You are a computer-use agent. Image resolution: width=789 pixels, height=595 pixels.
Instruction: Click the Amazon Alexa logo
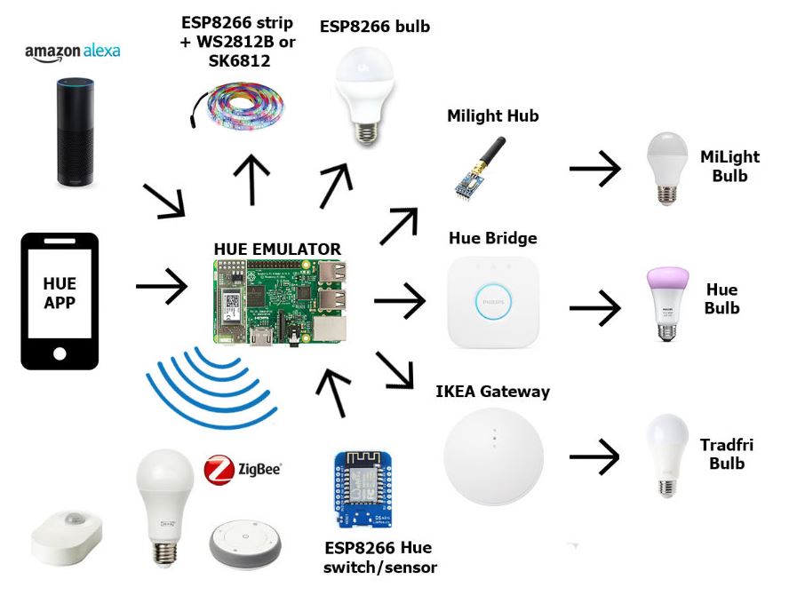(x=73, y=52)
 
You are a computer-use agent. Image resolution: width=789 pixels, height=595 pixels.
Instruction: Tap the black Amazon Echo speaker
(x=75, y=131)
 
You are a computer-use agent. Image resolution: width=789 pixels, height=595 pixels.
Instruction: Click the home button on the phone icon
(x=60, y=353)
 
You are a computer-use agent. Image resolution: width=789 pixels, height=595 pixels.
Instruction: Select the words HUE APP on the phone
(x=60, y=293)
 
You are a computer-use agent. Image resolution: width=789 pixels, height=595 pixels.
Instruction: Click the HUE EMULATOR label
(x=277, y=249)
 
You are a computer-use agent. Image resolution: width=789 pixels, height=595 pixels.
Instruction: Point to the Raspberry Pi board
(x=280, y=302)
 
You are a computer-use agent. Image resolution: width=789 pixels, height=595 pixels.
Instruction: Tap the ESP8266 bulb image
(x=365, y=96)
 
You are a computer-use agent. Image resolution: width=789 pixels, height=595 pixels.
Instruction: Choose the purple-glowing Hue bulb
(x=667, y=305)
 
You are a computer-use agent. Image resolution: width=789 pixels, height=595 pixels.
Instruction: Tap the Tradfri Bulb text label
(x=727, y=454)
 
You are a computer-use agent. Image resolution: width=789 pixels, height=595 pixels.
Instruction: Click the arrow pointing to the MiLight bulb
(x=594, y=169)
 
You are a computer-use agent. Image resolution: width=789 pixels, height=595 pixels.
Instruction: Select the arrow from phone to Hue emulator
(x=162, y=286)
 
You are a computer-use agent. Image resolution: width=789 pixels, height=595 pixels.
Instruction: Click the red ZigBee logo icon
(x=219, y=470)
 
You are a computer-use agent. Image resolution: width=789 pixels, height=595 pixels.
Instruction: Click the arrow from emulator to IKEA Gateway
(x=394, y=370)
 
